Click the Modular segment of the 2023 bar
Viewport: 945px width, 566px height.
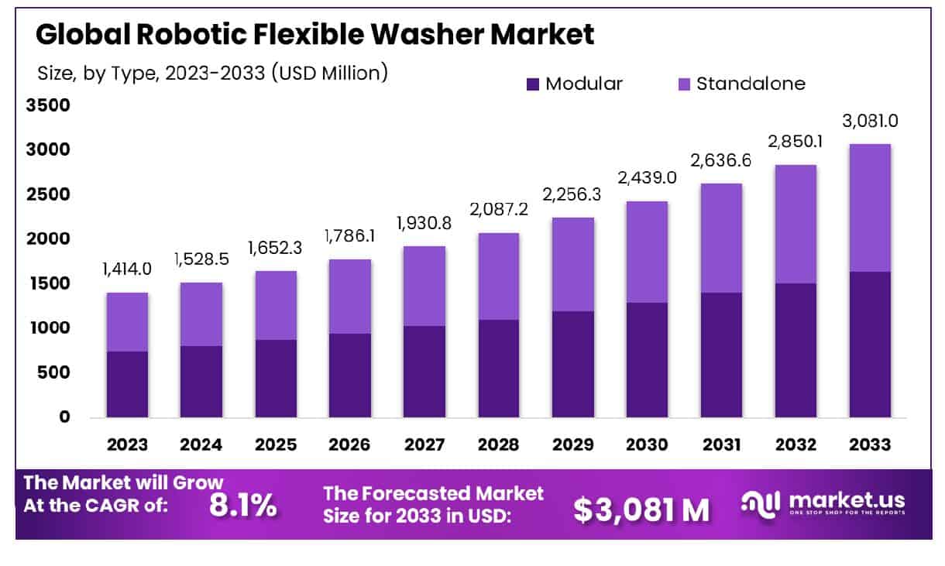click(x=127, y=384)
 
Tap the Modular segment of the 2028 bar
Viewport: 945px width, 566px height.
click(x=499, y=369)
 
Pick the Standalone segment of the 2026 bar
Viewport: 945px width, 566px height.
click(x=350, y=297)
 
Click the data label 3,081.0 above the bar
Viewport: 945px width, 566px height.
click(x=871, y=122)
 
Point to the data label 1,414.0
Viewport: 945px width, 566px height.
click(x=127, y=270)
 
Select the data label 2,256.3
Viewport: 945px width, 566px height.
click(x=573, y=195)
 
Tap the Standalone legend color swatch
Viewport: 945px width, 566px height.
click(x=683, y=84)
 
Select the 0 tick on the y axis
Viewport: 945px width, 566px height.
click(x=64, y=417)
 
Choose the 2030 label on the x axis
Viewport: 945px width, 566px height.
click(x=648, y=445)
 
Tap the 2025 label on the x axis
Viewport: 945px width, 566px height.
click(x=276, y=445)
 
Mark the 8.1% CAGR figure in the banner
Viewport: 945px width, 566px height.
click(x=242, y=506)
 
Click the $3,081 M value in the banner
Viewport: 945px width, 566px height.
click(x=641, y=509)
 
